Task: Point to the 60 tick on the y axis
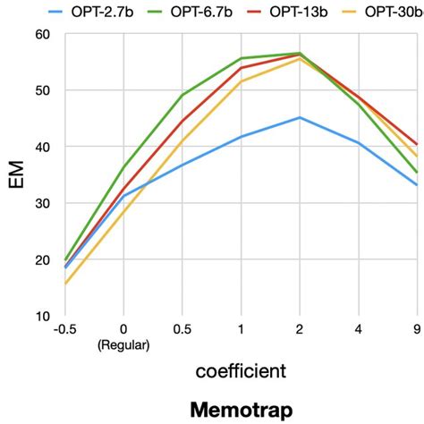coord(42,34)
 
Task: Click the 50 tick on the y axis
coord(42,90)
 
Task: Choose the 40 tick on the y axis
coord(42,147)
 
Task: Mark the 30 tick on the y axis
coord(42,203)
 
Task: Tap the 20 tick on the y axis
coord(42,259)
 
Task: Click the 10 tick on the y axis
coord(42,316)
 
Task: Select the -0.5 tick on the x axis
coord(64,329)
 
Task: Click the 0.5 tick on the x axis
coord(182,329)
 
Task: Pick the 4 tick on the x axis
coord(359,329)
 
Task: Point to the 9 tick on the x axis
coord(417,329)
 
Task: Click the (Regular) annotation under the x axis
coord(123,344)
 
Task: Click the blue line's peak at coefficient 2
coord(300,117)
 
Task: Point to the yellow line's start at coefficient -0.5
coord(64,284)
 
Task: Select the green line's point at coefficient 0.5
coord(182,95)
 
